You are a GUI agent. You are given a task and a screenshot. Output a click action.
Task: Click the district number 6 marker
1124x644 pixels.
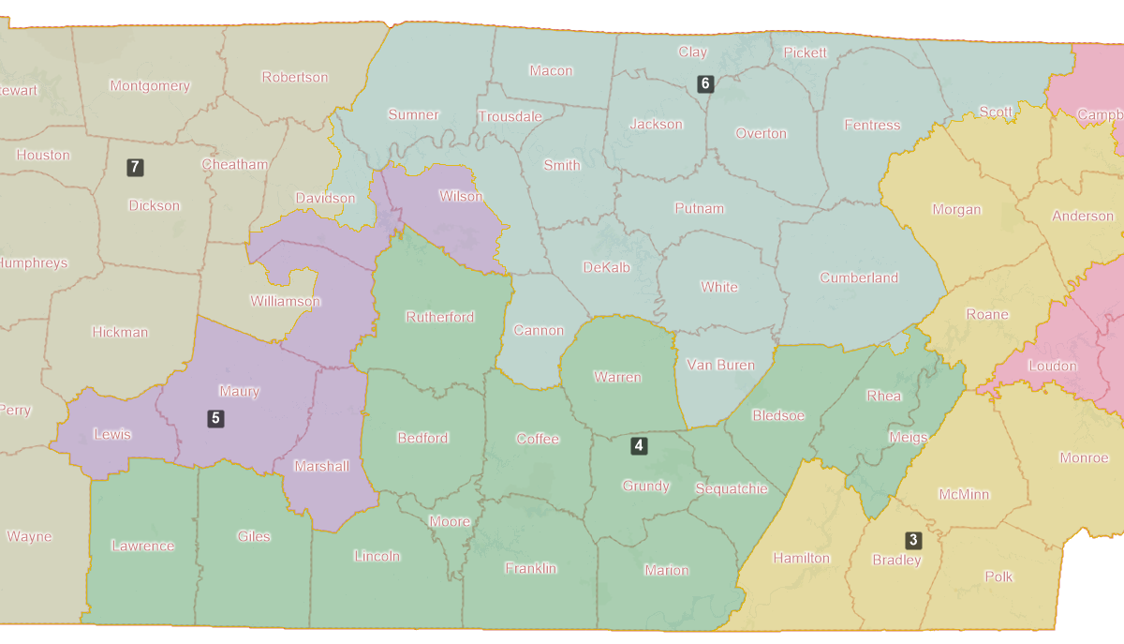click(705, 83)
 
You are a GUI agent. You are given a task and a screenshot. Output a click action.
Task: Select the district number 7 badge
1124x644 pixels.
click(136, 168)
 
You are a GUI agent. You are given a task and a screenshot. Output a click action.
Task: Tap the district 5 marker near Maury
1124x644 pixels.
click(215, 418)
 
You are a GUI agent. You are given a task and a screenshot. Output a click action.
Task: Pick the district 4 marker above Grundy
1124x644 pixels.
click(639, 445)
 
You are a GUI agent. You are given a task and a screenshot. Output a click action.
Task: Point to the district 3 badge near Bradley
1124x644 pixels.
click(913, 540)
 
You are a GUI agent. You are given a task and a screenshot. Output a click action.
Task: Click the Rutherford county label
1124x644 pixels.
click(440, 317)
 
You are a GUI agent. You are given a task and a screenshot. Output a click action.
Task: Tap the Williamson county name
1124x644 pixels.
click(286, 302)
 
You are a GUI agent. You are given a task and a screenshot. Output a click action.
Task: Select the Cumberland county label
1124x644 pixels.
click(859, 277)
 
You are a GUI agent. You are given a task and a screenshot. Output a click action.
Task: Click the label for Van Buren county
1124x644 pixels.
click(721, 365)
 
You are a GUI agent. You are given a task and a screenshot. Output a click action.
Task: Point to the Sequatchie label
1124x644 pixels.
click(732, 488)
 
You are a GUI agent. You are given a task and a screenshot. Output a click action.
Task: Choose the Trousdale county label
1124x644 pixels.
click(510, 117)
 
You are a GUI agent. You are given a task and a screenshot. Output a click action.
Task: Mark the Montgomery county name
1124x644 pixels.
click(150, 86)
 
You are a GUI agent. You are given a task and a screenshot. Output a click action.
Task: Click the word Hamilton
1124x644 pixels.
click(801, 558)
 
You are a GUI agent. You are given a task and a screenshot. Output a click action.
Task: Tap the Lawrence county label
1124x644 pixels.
click(142, 546)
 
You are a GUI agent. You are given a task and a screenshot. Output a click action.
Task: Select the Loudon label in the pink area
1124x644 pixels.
click(1053, 366)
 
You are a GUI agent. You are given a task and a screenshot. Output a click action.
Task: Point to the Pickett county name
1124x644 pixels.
click(806, 52)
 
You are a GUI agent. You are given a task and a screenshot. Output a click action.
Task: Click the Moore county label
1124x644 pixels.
click(450, 522)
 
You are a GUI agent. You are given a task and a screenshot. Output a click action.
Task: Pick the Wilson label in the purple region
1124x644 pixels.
click(462, 197)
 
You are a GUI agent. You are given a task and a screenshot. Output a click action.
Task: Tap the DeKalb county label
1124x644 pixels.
click(607, 267)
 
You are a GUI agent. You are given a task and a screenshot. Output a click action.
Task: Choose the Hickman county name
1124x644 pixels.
click(120, 332)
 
